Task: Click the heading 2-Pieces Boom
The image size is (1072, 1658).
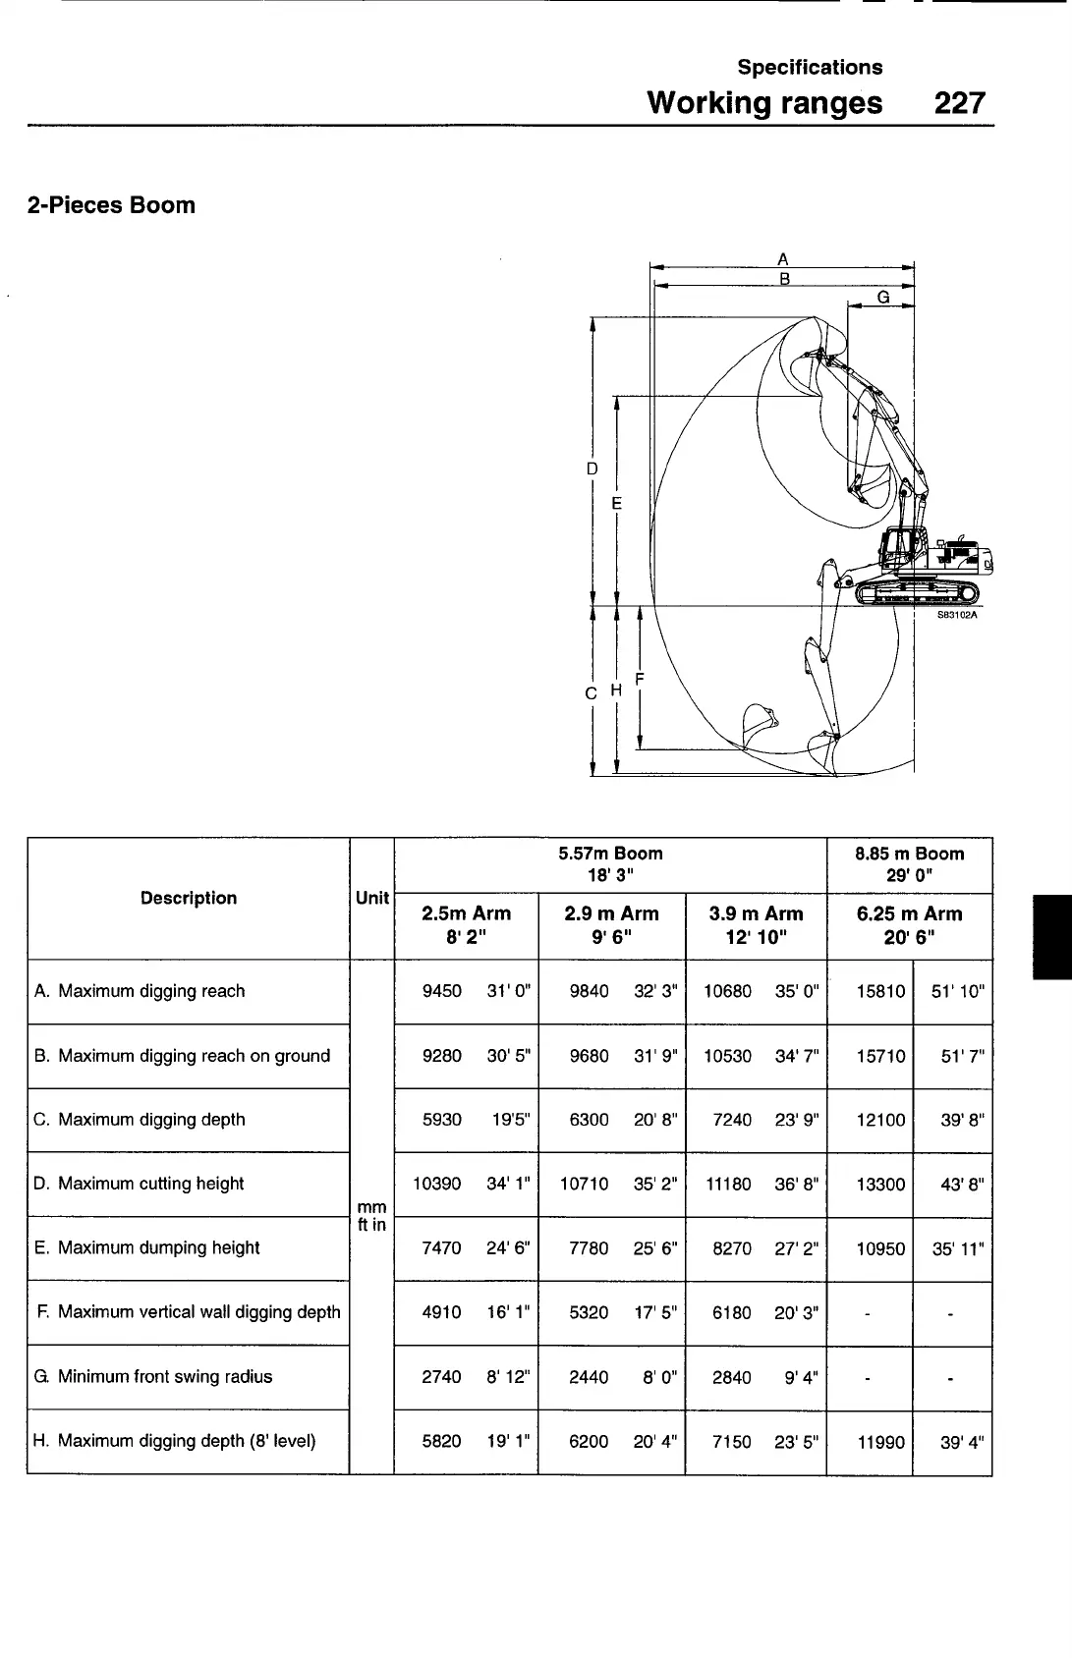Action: click(x=112, y=205)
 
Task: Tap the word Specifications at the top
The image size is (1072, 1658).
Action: click(x=810, y=67)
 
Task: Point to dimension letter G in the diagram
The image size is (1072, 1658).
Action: click(x=882, y=296)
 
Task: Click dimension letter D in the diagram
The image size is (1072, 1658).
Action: click(x=592, y=469)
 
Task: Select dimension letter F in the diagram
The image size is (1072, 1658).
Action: click(x=640, y=679)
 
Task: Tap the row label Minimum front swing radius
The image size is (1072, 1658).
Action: click(x=164, y=1376)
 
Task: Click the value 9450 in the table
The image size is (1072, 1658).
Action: click(x=441, y=991)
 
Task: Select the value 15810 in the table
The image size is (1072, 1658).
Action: click(x=880, y=991)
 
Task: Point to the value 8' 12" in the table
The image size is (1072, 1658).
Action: click(x=508, y=1377)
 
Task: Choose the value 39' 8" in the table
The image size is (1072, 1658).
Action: click(x=962, y=1120)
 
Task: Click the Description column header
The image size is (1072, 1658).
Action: click(x=189, y=898)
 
